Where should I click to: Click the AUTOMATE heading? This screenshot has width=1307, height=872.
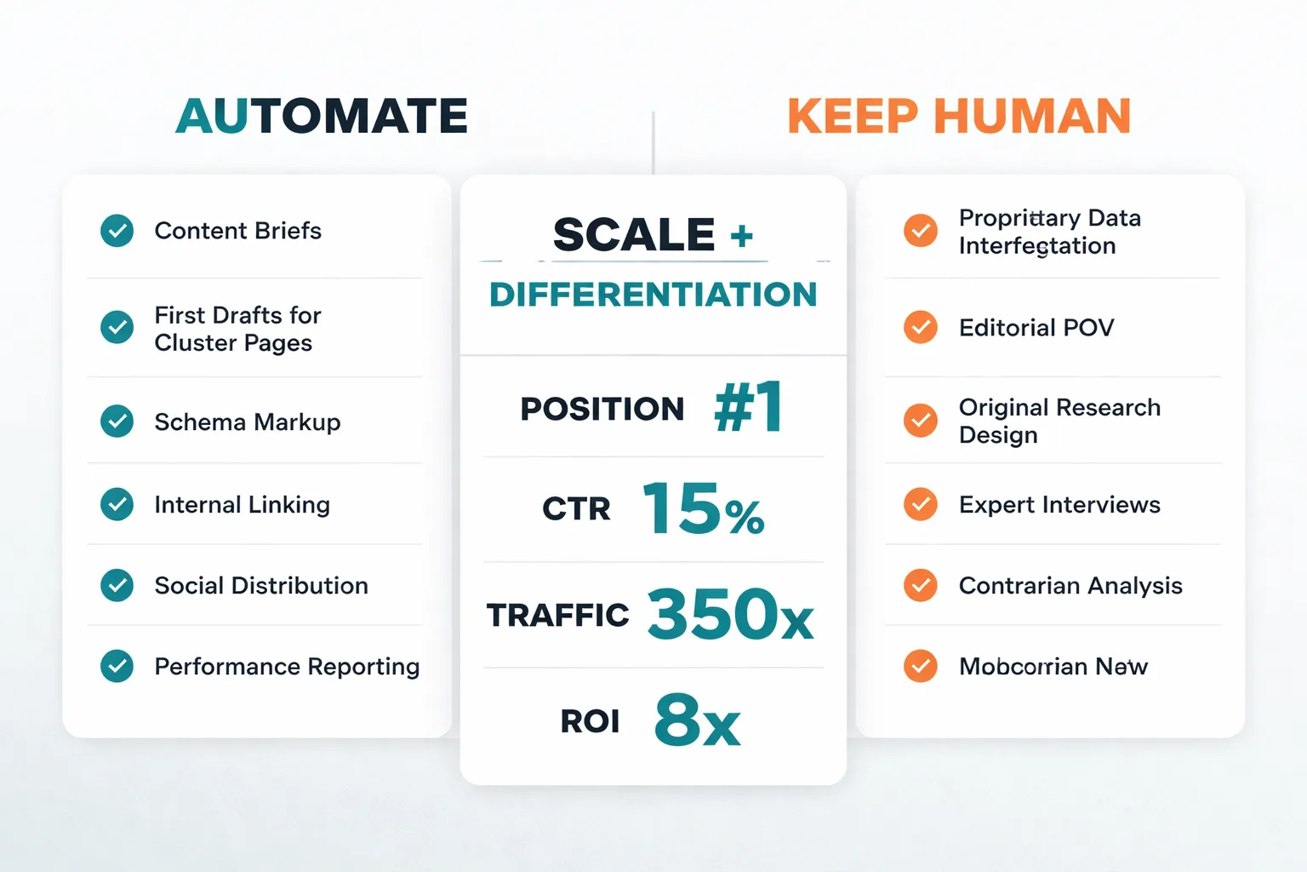322,116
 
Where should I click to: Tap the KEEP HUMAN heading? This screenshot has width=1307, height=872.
959,116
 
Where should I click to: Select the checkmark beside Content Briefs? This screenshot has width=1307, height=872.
117,230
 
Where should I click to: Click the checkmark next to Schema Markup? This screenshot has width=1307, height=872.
117,421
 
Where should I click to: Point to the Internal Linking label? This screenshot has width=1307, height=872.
242,505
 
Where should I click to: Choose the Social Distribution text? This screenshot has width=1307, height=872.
261,586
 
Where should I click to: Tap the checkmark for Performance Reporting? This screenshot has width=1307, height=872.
117,666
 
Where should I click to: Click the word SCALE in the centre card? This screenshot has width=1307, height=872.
634,234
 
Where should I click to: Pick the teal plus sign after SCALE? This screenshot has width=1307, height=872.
742,236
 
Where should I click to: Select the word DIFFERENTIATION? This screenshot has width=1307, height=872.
653,295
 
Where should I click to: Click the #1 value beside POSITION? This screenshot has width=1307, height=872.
748,407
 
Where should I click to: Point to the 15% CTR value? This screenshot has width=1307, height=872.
703,509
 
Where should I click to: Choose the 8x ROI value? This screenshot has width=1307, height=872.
697,720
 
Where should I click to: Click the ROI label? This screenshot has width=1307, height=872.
590,721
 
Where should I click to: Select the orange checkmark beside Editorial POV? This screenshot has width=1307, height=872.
921,327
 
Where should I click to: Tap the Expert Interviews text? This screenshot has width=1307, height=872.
1059,505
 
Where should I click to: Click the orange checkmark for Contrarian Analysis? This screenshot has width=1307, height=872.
921,586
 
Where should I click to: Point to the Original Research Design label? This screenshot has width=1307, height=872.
1059,421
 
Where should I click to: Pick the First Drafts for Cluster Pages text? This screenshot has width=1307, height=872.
237,329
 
